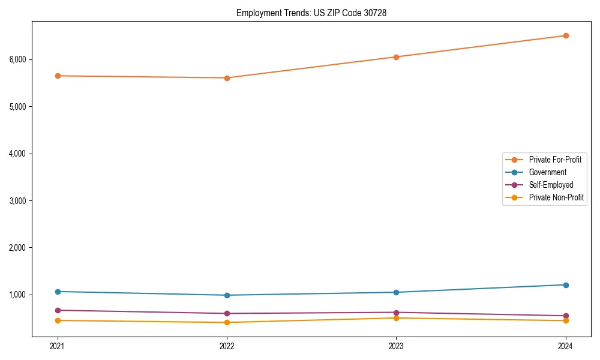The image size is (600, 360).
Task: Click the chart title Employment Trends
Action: tap(311, 13)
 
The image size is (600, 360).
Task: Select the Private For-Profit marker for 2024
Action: tap(565, 35)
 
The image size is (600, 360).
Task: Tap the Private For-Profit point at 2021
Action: tap(58, 76)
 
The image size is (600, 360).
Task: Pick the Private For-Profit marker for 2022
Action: tap(227, 77)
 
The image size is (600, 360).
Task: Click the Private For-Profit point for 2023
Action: tap(396, 57)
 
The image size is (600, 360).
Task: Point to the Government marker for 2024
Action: tap(565, 285)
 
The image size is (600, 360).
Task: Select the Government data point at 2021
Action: tap(58, 292)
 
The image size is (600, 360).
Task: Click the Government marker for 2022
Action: tap(227, 295)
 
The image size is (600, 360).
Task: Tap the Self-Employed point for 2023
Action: tap(396, 313)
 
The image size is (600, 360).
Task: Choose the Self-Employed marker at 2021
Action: tap(58, 310)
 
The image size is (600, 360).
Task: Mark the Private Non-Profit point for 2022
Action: tap(227, 322)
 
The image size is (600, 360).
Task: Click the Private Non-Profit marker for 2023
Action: tap(396, 318)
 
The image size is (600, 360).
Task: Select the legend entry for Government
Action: tap(547, 172)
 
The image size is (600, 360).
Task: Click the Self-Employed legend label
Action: tap(551, 185)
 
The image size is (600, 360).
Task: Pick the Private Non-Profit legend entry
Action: tap(556, 197)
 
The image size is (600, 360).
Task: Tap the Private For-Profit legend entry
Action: tap(555, 160)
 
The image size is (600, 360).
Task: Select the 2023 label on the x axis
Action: tap(396, 346)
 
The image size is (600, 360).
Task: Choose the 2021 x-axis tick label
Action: tap(58, 346)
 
